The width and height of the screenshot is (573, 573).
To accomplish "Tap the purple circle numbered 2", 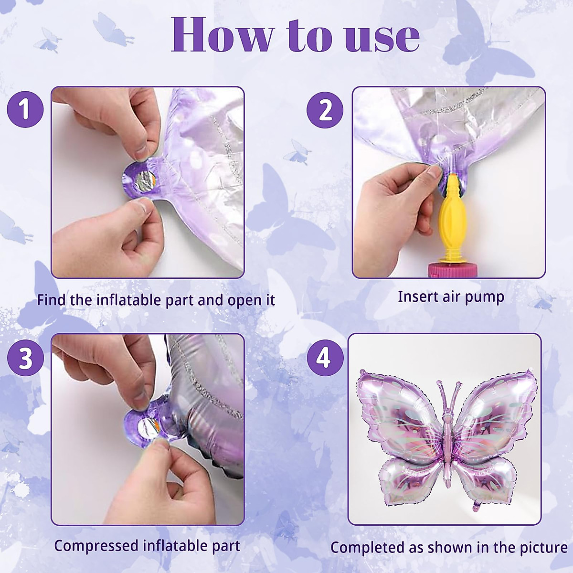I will pos(325,110).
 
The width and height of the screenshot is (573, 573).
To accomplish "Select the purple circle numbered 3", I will pos(25,358).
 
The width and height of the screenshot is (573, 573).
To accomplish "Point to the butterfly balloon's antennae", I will pos(447,396).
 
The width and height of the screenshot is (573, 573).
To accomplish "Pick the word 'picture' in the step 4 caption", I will pos(543,547).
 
